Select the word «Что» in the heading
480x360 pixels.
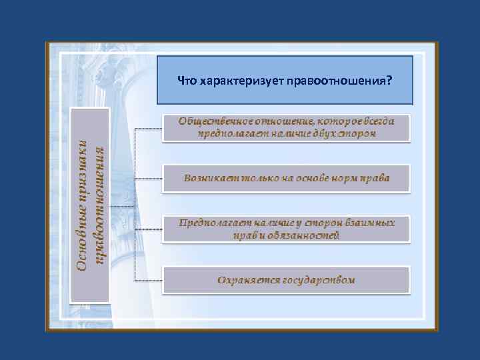(187, 81)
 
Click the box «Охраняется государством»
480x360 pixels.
(286, 280)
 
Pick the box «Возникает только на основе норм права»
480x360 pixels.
(286, 179)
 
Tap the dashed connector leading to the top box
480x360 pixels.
(148, 127)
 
